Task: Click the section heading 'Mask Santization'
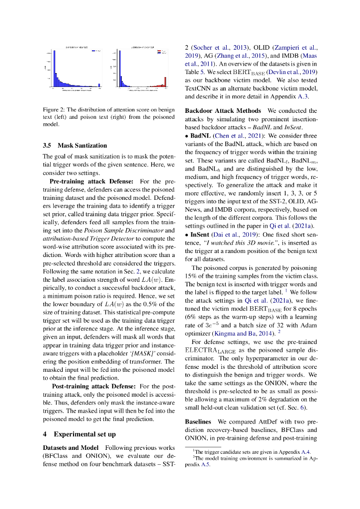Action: [82, 146]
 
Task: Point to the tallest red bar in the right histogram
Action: [164, 85]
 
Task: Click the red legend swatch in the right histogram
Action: [159, 50]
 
